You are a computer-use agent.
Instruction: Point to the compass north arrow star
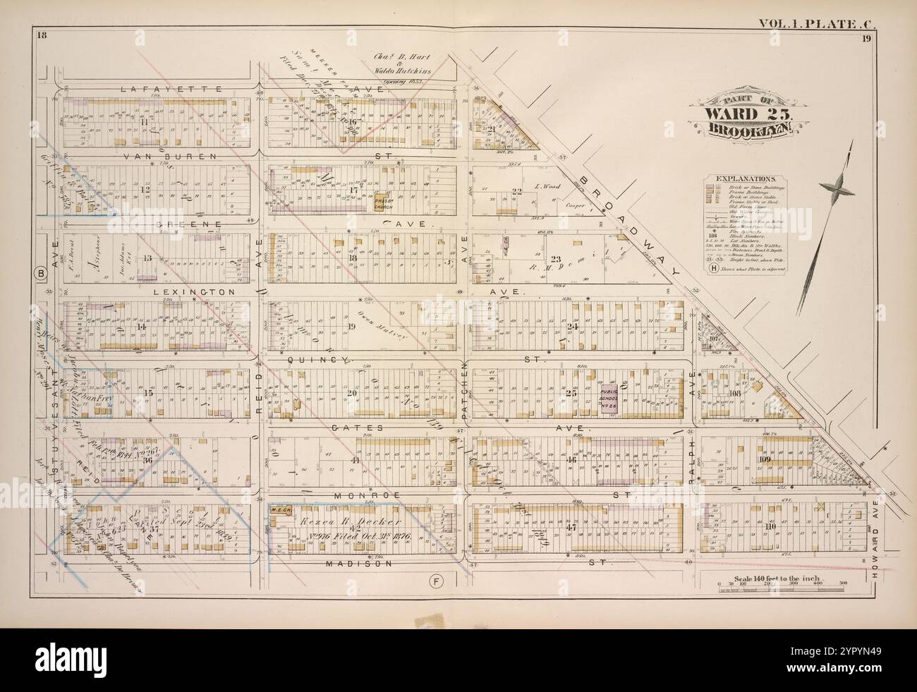click(834, 186)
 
